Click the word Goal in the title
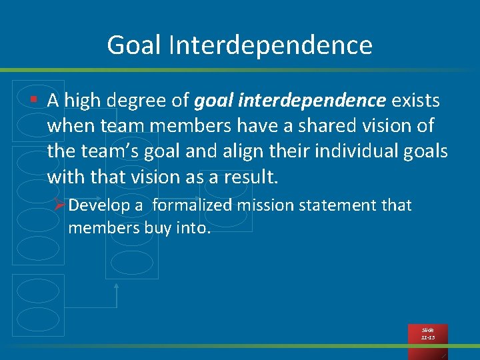pyautogui.click(x=133, y=45)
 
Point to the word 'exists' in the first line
pyautogui.click(x=415, y=101)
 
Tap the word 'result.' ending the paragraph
pyautogui.click(x=249, y=177)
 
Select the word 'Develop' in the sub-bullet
pyautogui.click(x=100, y=205)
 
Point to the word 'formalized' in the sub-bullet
pyautogui.click(x=191, y=205)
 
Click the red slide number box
pyautogui.click(x=427, y=334)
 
